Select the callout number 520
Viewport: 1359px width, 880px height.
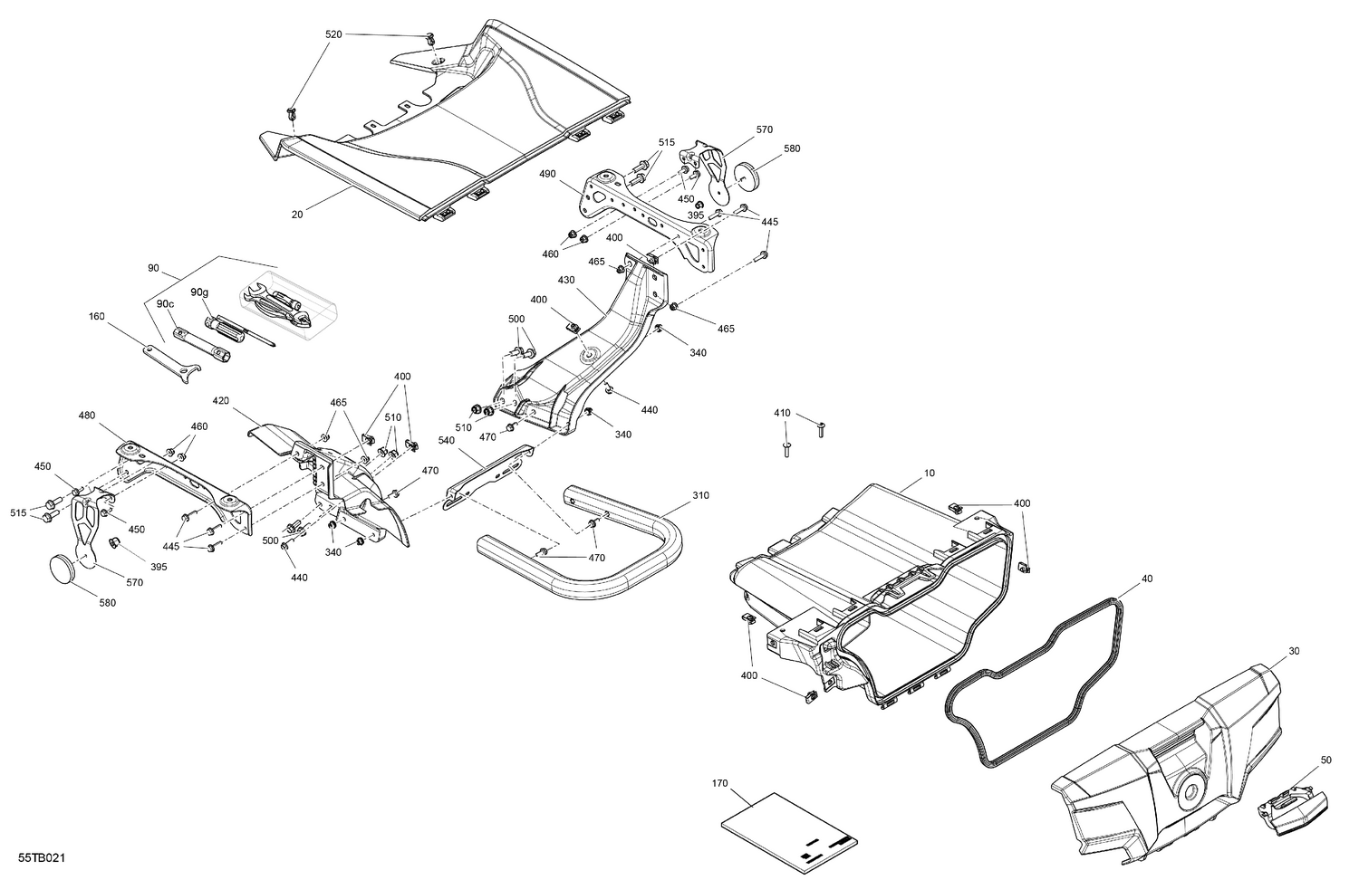point(333,33)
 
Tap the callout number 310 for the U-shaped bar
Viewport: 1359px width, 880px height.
point(701,495)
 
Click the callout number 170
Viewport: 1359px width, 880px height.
point(719,783)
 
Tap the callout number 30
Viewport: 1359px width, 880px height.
point(1293,651)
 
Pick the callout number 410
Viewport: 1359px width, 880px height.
point(782,413)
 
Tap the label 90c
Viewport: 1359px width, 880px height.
point(164,303)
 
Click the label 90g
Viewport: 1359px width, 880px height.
point(199,292)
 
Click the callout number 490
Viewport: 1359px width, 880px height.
point(546,173)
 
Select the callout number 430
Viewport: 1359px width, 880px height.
point(565,281)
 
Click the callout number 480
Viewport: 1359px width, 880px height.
point(87,416)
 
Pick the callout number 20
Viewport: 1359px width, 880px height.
point(297,214)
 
